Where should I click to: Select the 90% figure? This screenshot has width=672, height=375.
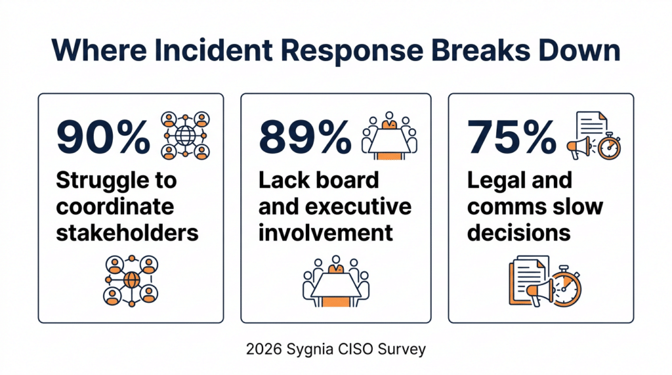[104, 137]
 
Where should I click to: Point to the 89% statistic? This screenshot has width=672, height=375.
[305, 137]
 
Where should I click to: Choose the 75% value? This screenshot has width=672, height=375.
[511, 137]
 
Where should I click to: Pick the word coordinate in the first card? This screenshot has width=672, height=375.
[115, 207]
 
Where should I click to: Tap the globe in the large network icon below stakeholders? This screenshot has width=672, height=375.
[131, 280]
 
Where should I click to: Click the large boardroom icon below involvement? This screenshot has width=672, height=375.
[336, 283]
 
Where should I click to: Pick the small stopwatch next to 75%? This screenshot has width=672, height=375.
[609, 146]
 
